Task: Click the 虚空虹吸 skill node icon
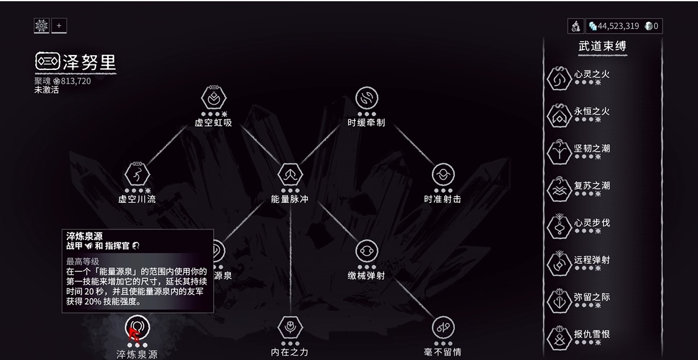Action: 213,98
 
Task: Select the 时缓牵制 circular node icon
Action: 367,98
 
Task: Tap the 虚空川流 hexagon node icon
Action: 137,174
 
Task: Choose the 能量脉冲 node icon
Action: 290,174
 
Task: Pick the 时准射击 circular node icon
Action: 444,174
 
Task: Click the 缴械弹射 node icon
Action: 367,251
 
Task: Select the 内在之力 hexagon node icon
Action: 290,327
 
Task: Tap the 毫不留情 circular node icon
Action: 444,327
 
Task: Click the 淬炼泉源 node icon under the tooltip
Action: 137,327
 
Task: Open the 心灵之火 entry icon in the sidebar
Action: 559,79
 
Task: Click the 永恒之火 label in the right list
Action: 592,111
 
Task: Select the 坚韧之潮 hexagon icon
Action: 559,152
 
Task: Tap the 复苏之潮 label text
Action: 592,185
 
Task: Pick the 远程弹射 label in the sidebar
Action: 592,259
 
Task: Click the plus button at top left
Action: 59,26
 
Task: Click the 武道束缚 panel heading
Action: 602,46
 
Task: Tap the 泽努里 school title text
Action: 89,62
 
